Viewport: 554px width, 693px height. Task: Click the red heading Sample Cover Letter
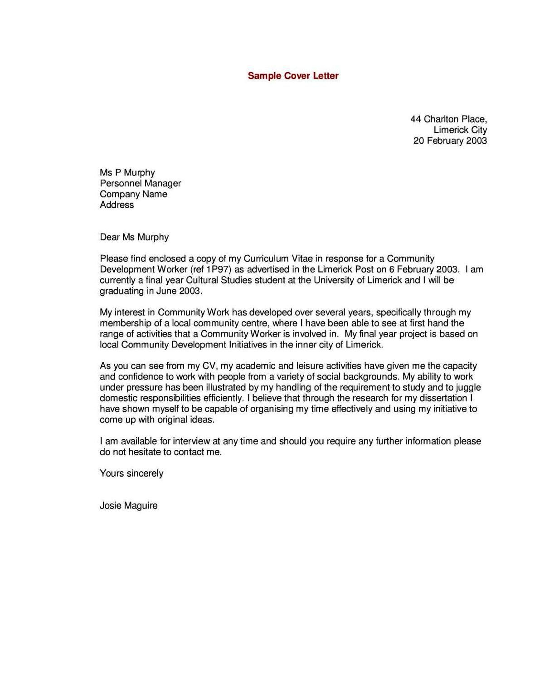click(x=293, y=76)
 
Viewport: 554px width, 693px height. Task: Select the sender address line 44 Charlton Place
click(x=448, y=119)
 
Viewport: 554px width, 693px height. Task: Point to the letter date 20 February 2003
click(x=450, y=141)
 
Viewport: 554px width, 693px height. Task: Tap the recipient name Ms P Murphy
click(x=127, y=172)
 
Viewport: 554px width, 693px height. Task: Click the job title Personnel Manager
click(x=140, y=183)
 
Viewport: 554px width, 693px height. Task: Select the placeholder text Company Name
click(x=133, y=194)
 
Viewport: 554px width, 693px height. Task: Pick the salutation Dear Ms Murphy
click(x=134, y=237)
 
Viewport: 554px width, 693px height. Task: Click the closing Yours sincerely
click(x=131, y=473)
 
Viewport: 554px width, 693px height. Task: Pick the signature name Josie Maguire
click(x=129, y=506)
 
